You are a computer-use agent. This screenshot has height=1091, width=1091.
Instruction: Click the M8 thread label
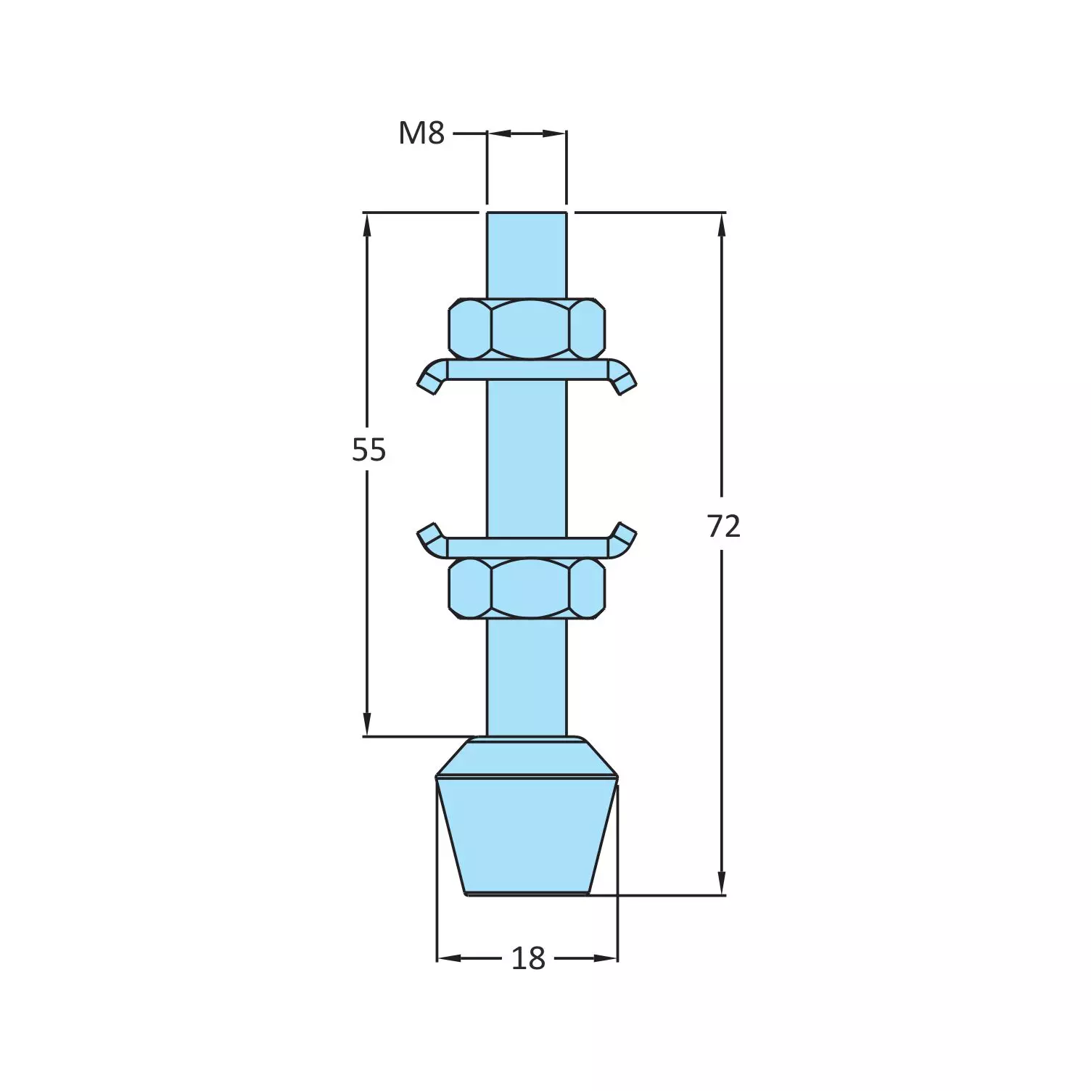pyautogui.click(x=421, y=133)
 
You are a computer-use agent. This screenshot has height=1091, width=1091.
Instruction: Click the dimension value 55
pyautogui.click(x=369, y=450)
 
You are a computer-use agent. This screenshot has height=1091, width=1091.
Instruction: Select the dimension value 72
pyautogui.click(x=723, y=526)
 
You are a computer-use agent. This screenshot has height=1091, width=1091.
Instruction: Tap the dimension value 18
pyautogui.click(x=527, y=958)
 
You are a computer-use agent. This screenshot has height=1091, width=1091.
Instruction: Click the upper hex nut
pyautogui.click(x=527, y=329)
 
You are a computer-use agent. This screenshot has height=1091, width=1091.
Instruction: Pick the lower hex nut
pyautogui.click(x=527, y=588)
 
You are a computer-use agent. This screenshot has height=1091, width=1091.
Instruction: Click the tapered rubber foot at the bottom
pyautogui.click(x=527, y=834)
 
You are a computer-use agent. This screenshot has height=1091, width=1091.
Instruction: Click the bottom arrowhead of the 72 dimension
pyautogui.click(x=721, y=884)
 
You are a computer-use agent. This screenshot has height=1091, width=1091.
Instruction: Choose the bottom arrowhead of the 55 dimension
pyautogui.click(x=367, y=724)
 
